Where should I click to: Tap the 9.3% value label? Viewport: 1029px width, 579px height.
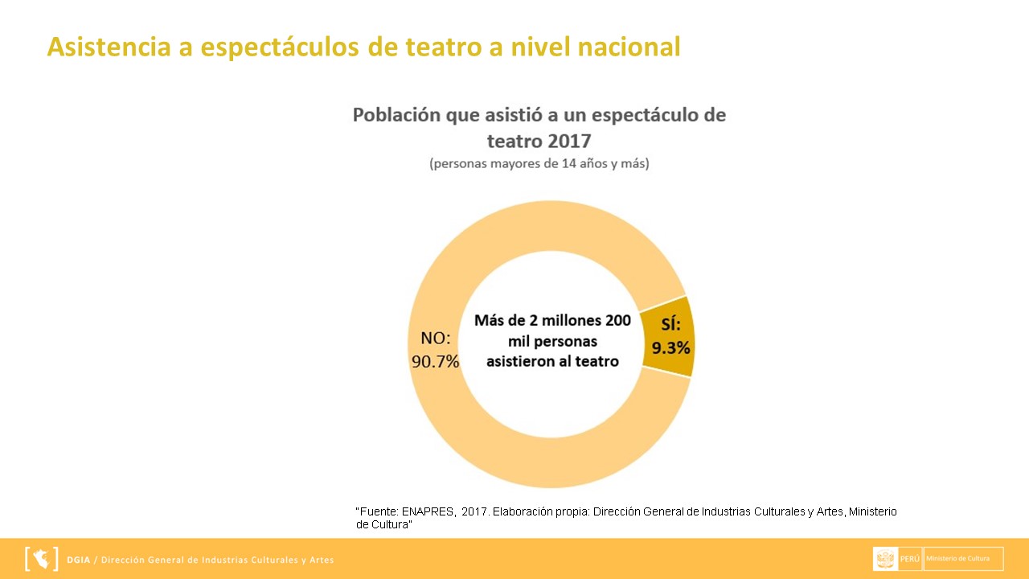[671, 348]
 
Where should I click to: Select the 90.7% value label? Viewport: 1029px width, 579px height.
[435, 361]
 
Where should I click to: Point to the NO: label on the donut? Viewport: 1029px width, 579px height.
[436, 338]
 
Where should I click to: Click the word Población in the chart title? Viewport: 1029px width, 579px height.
[397, 115]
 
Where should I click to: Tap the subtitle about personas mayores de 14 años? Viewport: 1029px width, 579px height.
[539, 164]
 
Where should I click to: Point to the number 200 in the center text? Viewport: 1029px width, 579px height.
[617, 320]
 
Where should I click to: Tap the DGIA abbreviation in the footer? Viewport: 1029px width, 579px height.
[79, 560]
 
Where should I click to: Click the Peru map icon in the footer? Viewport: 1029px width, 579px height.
[42, 559]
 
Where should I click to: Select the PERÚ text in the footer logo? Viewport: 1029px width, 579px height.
[910, 559]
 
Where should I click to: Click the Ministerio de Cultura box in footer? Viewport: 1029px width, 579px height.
[963, 559]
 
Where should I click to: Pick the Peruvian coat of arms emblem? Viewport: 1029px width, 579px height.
[886, 559]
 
